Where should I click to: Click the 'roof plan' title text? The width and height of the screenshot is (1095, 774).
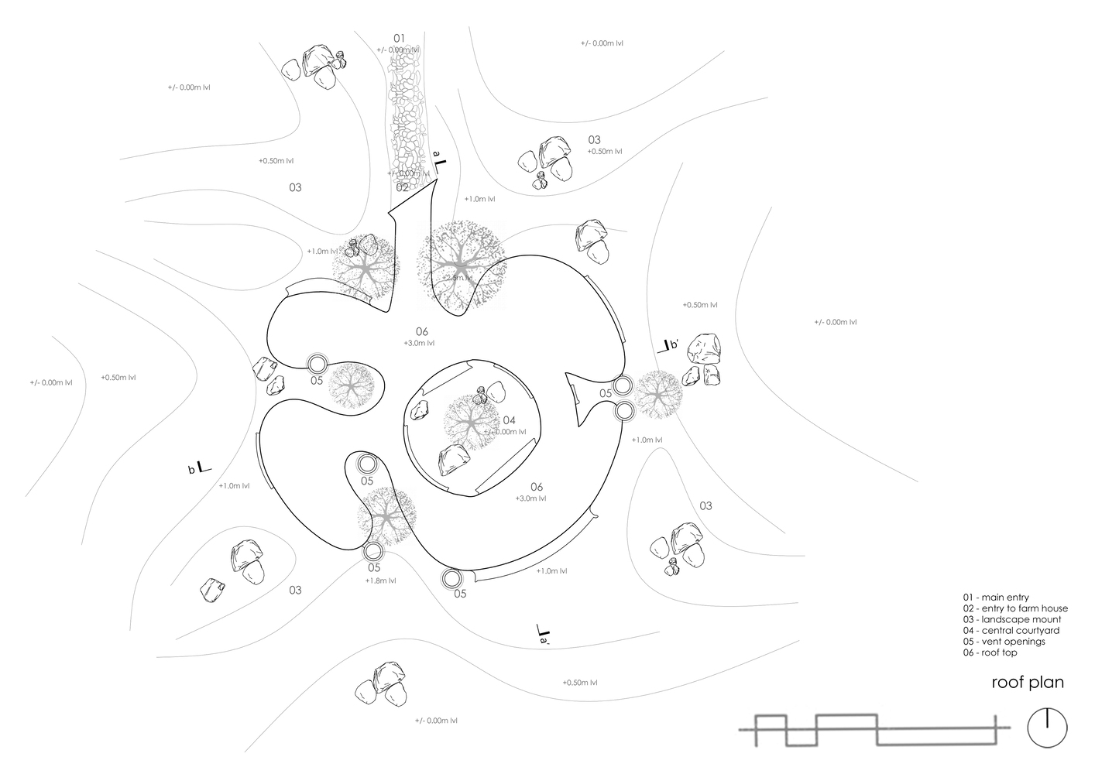point(1028,683)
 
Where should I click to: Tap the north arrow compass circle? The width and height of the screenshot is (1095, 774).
point(1047,728)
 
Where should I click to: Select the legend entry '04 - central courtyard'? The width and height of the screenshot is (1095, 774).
point(1011,630)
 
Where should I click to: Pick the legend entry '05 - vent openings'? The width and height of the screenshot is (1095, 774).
point(1004,642)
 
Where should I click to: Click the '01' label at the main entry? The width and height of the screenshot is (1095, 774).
point(399,38)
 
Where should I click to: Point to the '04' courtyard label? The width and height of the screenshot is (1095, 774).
point(499,420)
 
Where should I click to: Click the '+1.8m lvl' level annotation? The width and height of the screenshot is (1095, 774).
point(380,580)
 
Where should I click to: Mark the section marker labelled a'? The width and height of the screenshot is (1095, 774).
point(542,635)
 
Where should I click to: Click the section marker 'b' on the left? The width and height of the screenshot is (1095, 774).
point(200,467)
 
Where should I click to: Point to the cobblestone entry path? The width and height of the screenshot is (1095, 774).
point(407,116)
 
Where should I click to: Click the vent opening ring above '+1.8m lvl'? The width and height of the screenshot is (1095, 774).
point(373,552)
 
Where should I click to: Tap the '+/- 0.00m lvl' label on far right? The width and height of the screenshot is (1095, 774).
point(835,322)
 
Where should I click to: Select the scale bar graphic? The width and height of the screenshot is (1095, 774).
point(874,729)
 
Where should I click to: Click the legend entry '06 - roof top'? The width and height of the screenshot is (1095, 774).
point(990,653)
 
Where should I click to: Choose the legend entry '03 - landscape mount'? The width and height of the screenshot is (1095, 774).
point(1011,619)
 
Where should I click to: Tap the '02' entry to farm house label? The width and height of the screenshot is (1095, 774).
point(402,187)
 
